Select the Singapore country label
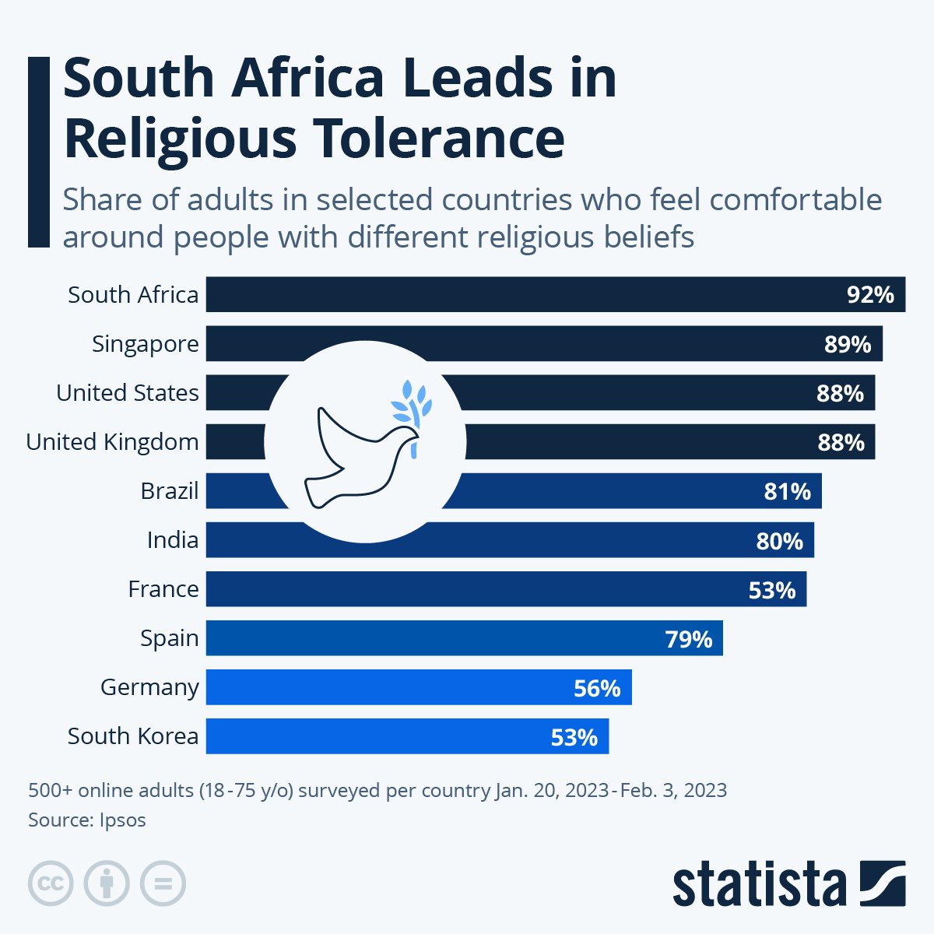(145, 344)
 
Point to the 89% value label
(848, 344)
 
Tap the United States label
(127, 393)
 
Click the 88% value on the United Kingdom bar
(841, 442)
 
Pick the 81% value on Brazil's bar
(787, 491)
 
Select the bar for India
(623, 540)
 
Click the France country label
(163, 589)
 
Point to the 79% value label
(688, 639)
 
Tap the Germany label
(149, 687)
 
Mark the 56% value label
(597, 688)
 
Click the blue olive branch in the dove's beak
(412, 405)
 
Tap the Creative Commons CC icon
(51, 884)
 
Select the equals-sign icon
(163, 884)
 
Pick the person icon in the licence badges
(107, 884)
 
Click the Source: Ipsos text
(87, 820)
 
